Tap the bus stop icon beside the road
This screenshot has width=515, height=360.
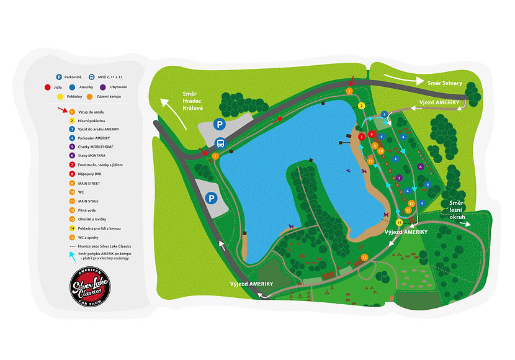(219, 144)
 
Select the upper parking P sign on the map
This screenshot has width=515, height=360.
(218, 124)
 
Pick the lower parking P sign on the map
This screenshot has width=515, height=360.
(212, 198)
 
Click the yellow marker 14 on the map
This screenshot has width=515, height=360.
(400, 222)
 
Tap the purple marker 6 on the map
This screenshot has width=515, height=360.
(421, 166)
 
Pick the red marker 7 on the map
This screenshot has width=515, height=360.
(361, 136)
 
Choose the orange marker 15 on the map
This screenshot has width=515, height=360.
(364, 257)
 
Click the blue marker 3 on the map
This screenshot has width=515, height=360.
(384, 114)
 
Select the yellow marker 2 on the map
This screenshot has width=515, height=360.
(361, 106)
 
